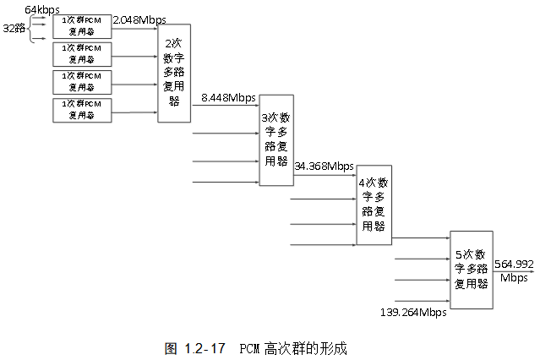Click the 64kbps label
42,8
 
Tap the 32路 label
13,28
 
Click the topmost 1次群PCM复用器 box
82,26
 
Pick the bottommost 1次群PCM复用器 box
82,110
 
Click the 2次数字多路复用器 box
174,74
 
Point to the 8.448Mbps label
228,98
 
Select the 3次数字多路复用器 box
276,139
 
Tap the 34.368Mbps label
325,166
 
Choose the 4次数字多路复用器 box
374,205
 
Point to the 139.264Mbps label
413,313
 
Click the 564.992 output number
513,264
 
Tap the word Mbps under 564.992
513,277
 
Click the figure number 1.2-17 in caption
206,348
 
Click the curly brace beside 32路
32,28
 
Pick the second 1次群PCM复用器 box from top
82,54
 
